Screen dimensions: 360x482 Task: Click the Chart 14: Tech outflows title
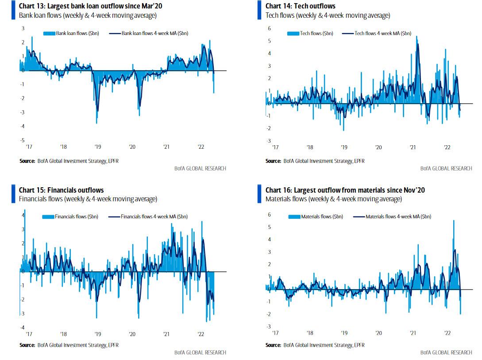300,6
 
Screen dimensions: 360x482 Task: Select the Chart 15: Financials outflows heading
62,190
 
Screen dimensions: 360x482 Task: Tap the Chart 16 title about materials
345,190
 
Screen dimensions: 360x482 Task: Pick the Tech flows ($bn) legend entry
316,33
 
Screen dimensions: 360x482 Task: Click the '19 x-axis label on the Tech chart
344,147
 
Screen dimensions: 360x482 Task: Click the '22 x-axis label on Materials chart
447,332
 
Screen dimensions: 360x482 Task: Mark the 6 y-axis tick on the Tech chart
269,28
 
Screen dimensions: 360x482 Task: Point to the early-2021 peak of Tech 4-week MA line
417,44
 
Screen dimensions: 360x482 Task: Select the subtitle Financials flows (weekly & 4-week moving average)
88,199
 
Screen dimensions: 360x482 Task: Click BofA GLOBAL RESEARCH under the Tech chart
446,168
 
